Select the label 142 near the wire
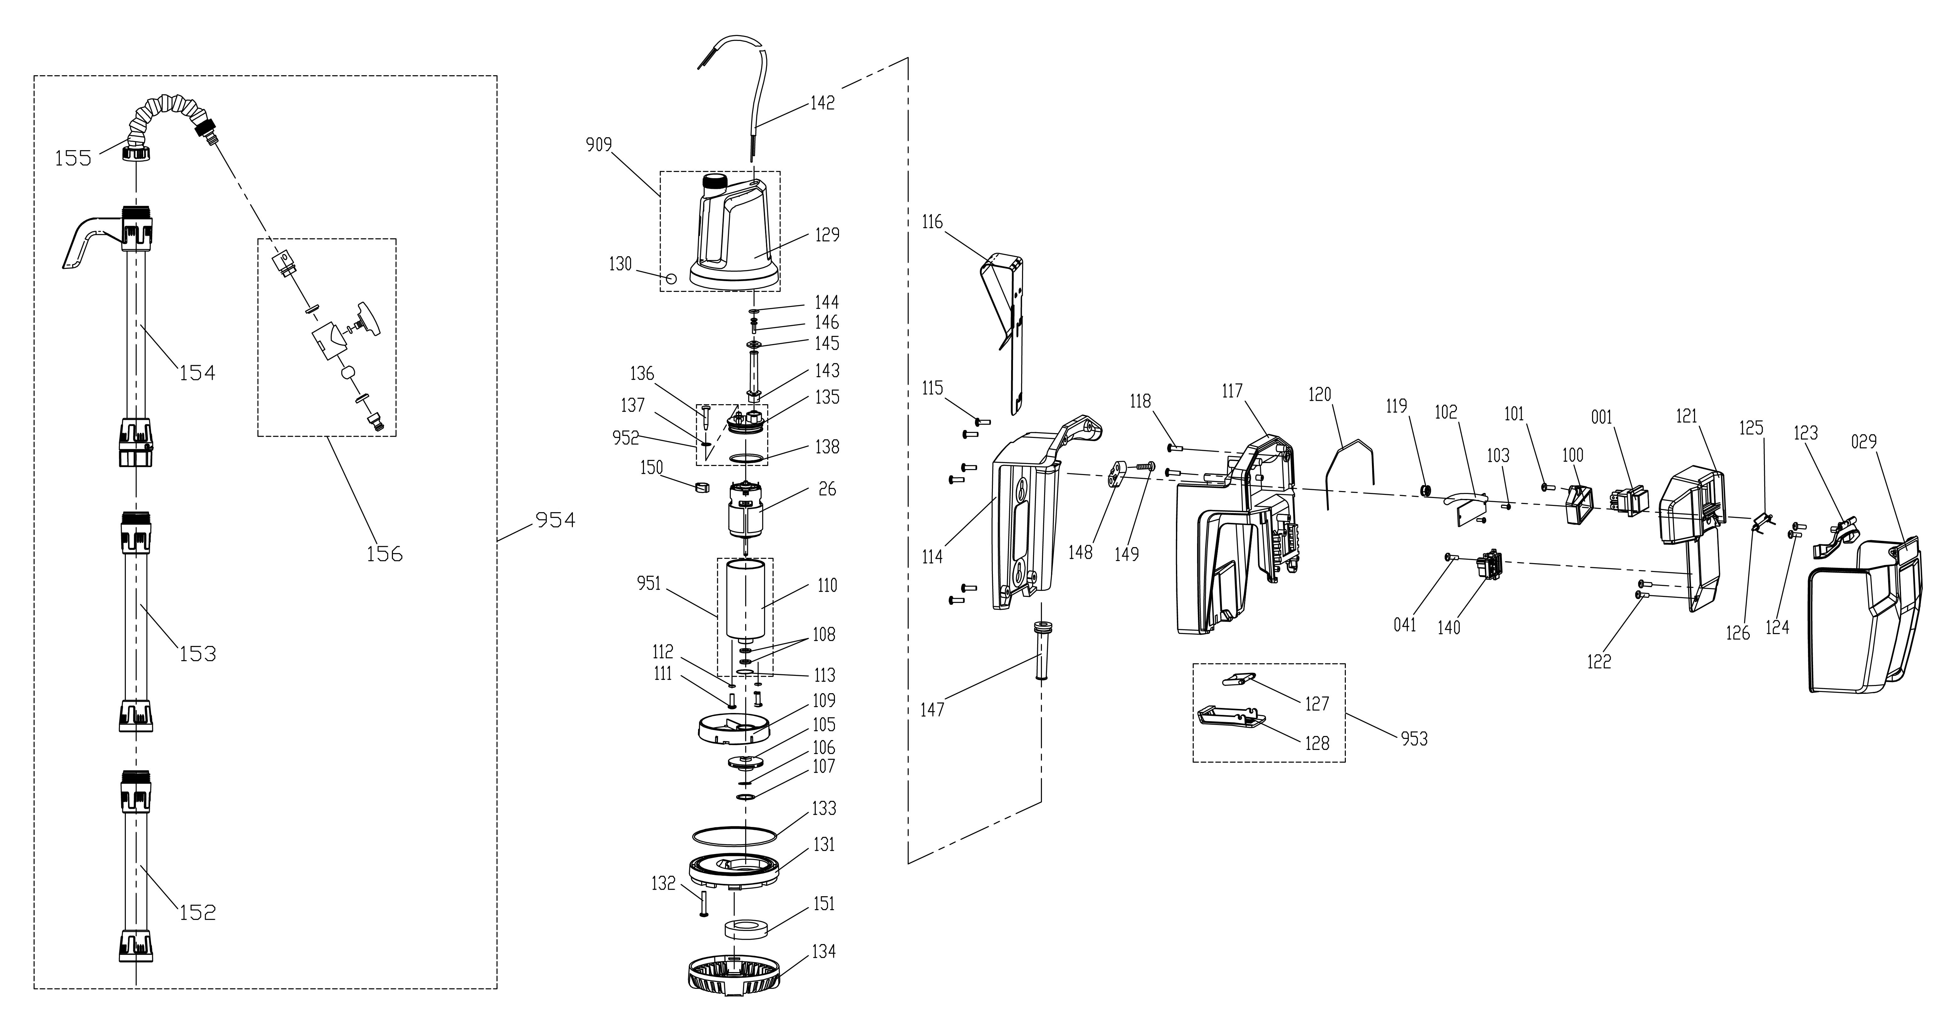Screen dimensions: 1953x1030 [x=823, y=102]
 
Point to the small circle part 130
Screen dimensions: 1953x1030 [x=670, y=278]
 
